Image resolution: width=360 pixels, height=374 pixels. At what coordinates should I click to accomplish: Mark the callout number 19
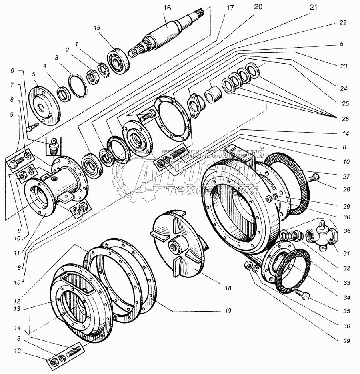coord(228,310)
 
